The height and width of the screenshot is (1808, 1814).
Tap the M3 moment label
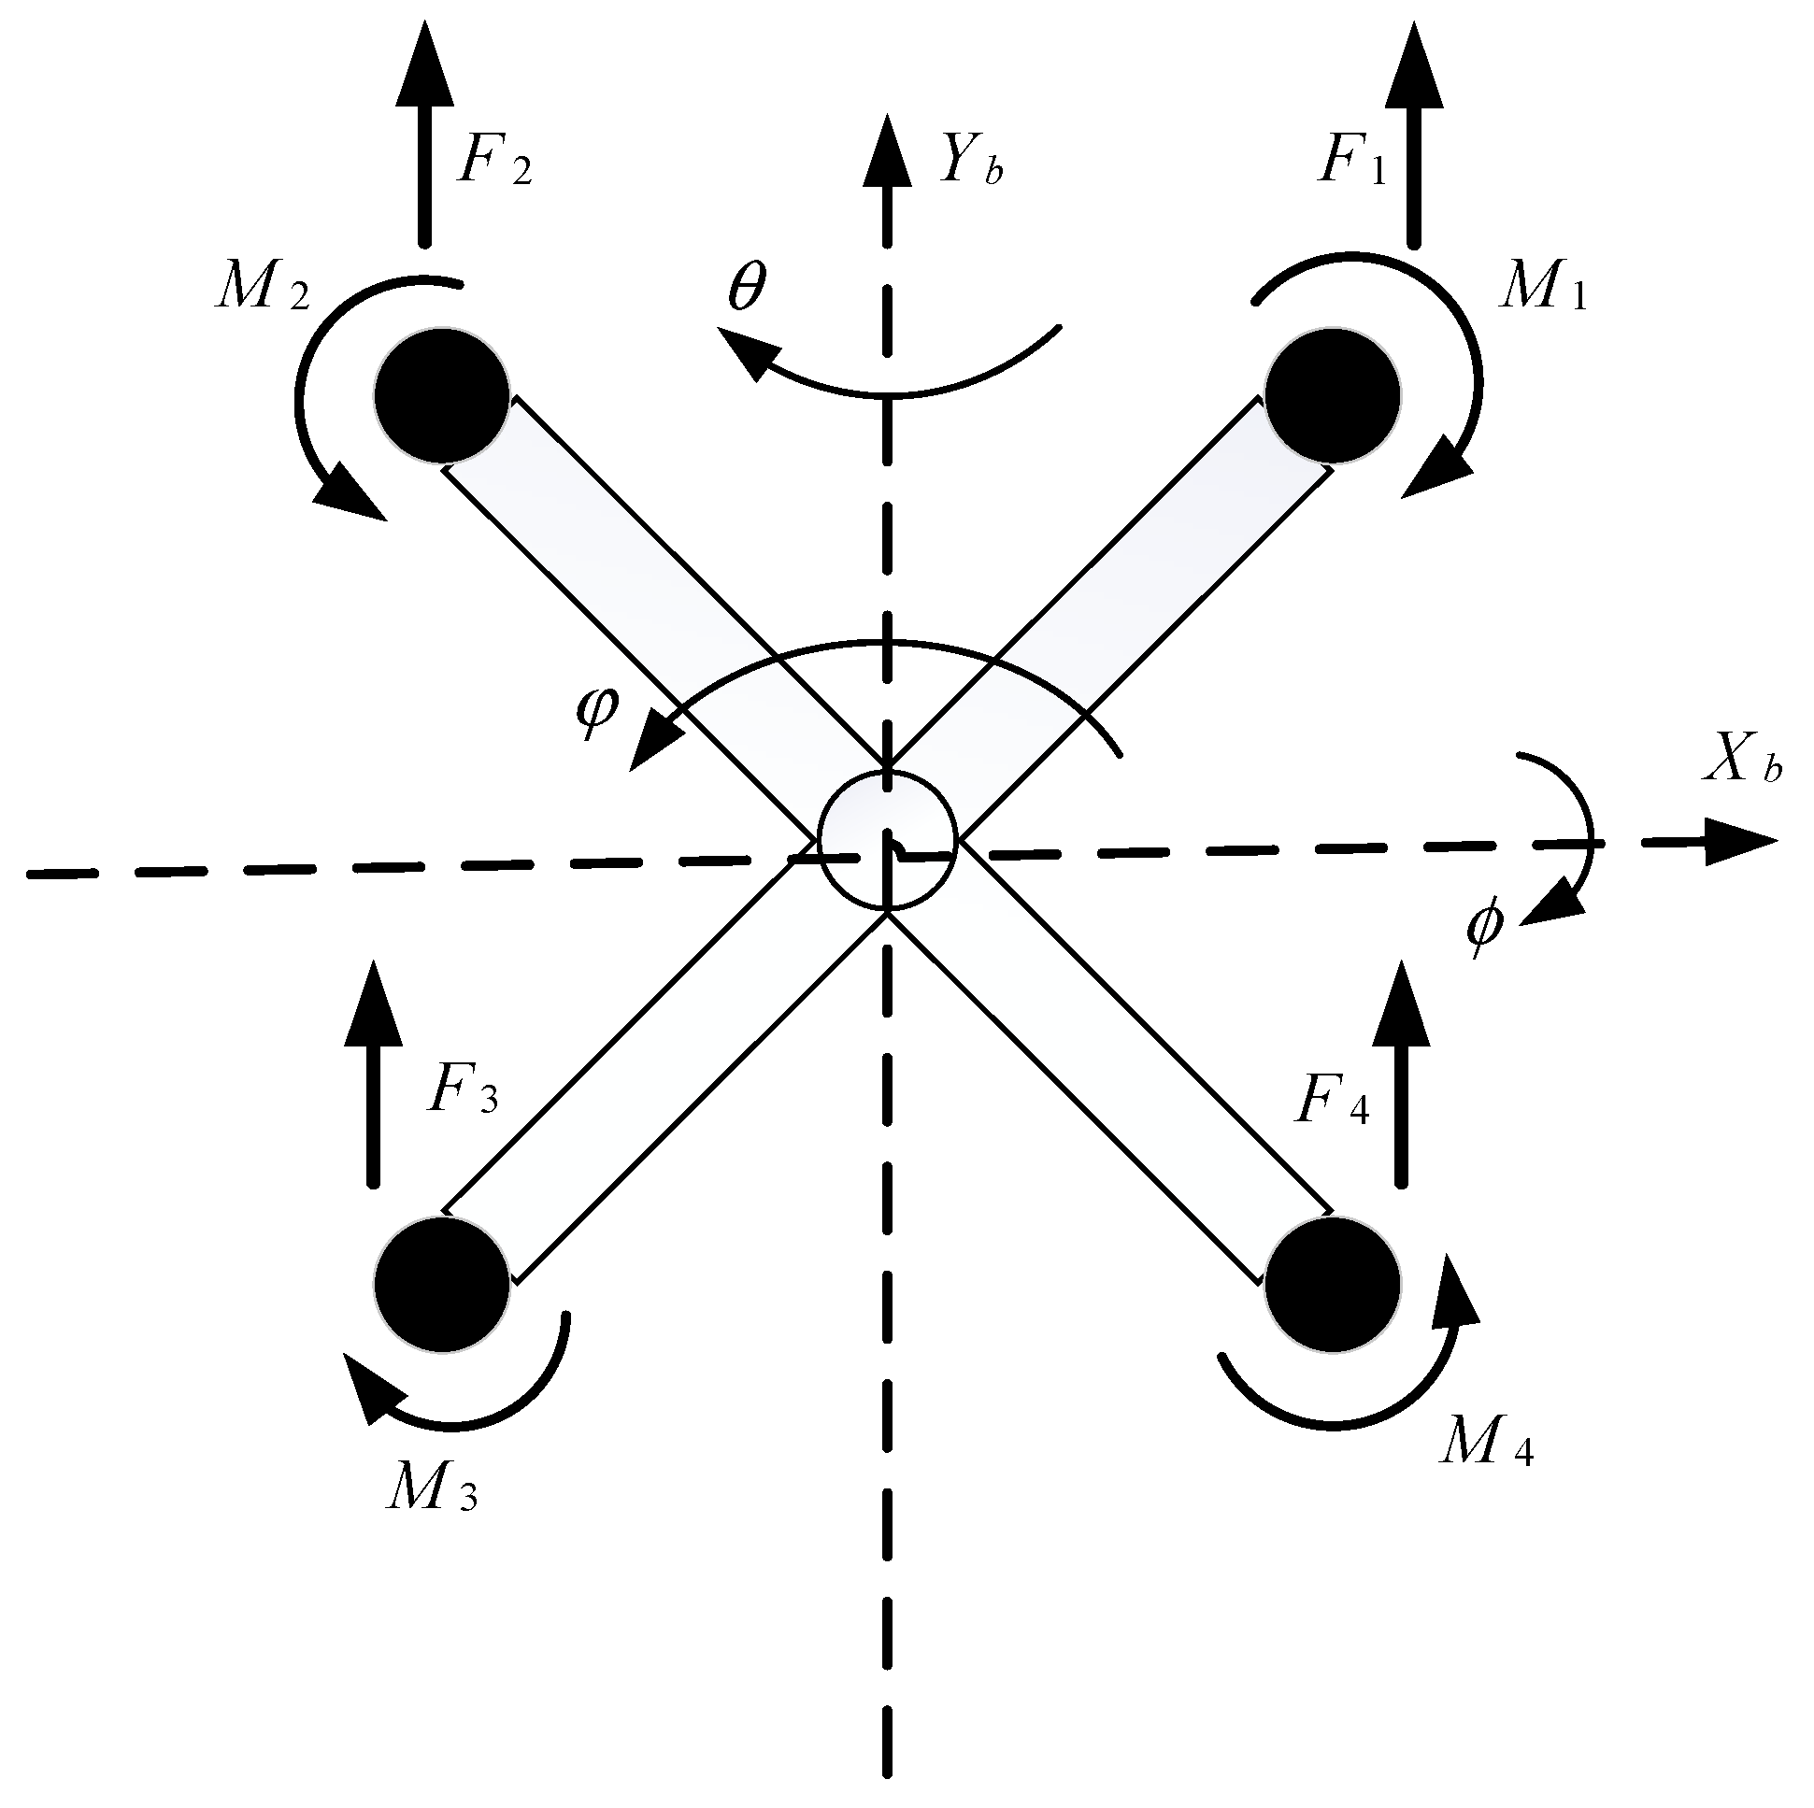coord(431,1487)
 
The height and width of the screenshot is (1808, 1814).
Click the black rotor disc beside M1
coord(1333,394)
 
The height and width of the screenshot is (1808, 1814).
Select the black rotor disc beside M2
coord(441,394)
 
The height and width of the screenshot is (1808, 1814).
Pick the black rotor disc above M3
coord(441,1284)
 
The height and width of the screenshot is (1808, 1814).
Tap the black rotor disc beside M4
coord(1333,1284)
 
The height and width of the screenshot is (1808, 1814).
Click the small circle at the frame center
coord(887,840)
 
